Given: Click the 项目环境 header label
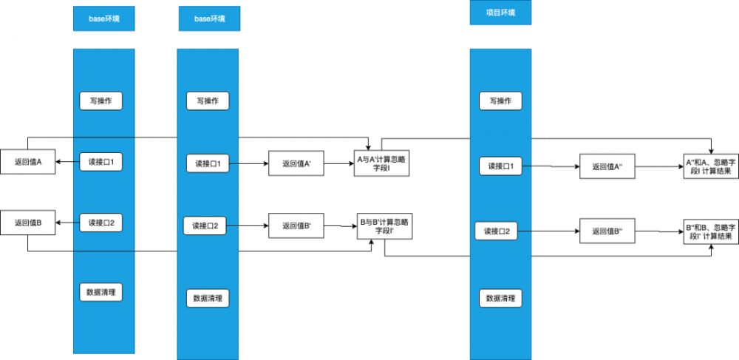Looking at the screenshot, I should pyautogui.click(x=500, y=13).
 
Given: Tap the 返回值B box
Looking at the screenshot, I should pyautogui.click(x=28, y=223).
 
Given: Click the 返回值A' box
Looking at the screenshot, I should pyautogui.click(x=295, y=165).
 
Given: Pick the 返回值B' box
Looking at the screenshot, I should pyautogui.click(x=295, y=225).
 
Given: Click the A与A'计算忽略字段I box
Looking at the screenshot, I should pyautogui.click(x=381, y=164).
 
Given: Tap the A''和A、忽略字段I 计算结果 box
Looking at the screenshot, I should pyautogui.click(x=710, y=167).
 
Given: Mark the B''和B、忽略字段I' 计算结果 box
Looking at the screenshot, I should pyautogui.click(x=710, y=231).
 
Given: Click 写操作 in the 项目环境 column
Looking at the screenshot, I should pyautogui.click(x=500, y=101).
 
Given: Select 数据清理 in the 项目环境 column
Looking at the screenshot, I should pyautogui.click(x=500, y=298).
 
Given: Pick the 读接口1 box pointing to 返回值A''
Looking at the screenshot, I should pyautogui.click(x=500, y=167).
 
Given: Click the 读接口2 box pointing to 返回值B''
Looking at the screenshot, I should pyautogui.click(x=500, y=231).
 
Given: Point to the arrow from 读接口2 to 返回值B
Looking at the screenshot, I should pyautogui.click(x=68, y=223).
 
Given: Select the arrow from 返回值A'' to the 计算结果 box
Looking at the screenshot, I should pyautogui.click(x=658, y=167).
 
